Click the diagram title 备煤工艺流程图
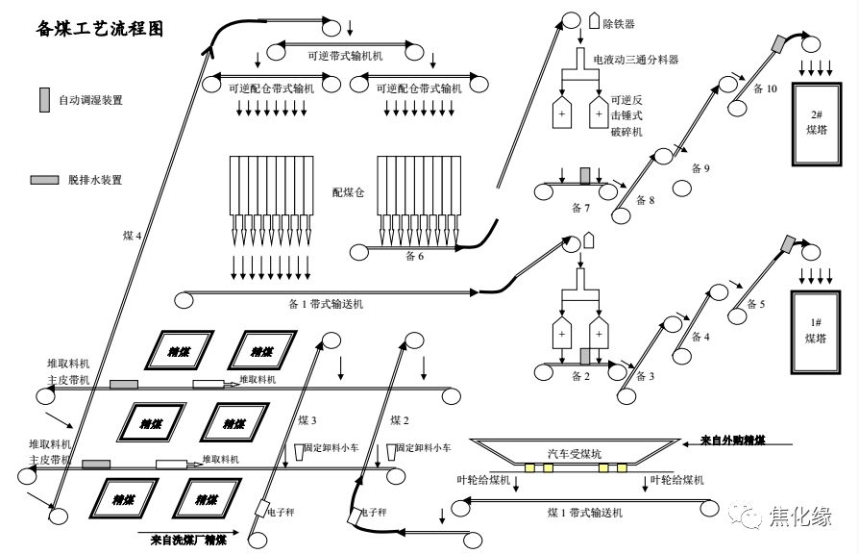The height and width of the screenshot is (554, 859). (x=100, y=29)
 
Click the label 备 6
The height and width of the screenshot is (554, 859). (x=414, y=257)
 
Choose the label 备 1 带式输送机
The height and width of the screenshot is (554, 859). (x=326, y=304)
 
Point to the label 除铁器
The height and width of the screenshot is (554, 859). (x=617, y=23)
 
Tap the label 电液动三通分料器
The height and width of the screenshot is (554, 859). (x=636, y=60)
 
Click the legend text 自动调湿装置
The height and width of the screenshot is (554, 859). (x=91, y=100)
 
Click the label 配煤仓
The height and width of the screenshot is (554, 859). (x=348, y=192)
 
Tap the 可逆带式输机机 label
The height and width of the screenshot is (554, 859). (x=345, y=57)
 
